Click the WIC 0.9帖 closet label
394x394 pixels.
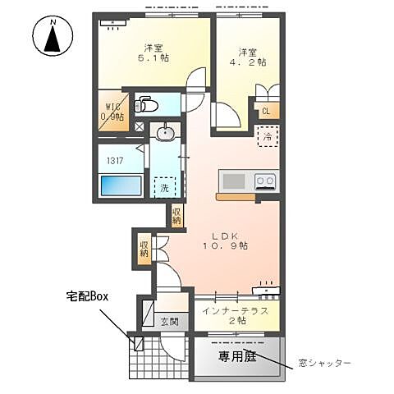coord(112,112)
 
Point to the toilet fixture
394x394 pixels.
coord(148,105)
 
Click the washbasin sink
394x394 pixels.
coord(166,132)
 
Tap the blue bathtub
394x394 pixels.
coord(121,185)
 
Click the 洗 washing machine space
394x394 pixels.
coord(165,188)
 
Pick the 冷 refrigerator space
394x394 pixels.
coord(268,137)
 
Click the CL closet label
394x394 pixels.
coord(267,111)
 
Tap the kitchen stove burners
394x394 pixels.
coord(265,181)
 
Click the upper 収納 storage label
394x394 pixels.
coord(177,215)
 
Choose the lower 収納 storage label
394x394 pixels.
coord(144,247)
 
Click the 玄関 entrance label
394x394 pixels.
coord(169,321)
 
